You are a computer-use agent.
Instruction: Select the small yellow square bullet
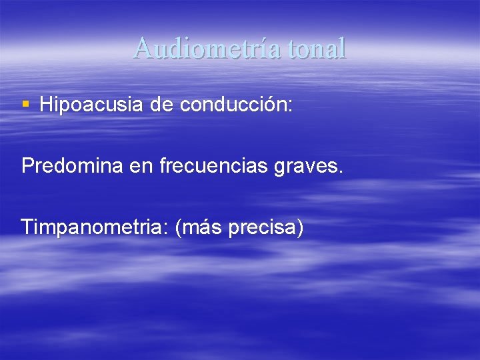26,104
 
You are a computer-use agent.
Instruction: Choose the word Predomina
72,166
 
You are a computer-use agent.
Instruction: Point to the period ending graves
341,172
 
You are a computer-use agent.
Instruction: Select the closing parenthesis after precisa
301,228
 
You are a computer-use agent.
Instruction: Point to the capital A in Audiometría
142,48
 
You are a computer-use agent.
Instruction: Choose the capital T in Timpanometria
27,227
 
